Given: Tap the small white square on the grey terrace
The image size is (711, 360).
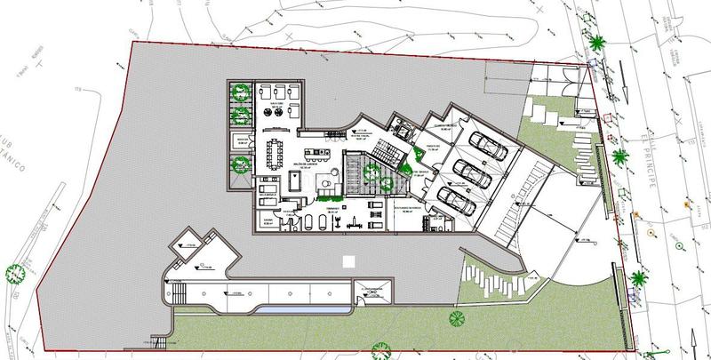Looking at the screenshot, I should coord(348,263).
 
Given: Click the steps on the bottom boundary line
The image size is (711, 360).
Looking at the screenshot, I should coord(160,343).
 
